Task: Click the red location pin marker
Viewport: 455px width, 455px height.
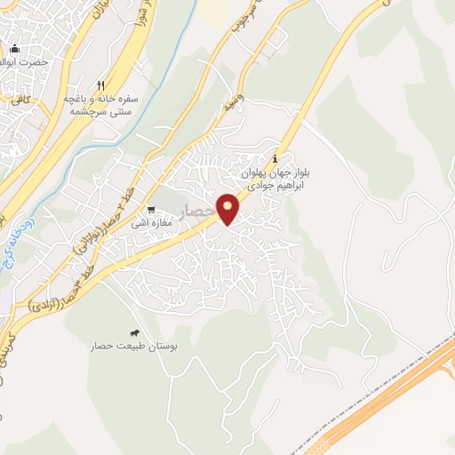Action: coord(228,208)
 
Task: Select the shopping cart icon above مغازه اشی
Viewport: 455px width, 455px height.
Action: coord(151,210)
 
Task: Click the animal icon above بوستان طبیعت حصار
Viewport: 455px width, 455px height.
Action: coord(135,331)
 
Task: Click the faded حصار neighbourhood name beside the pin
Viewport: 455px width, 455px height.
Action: coord(196,212)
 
